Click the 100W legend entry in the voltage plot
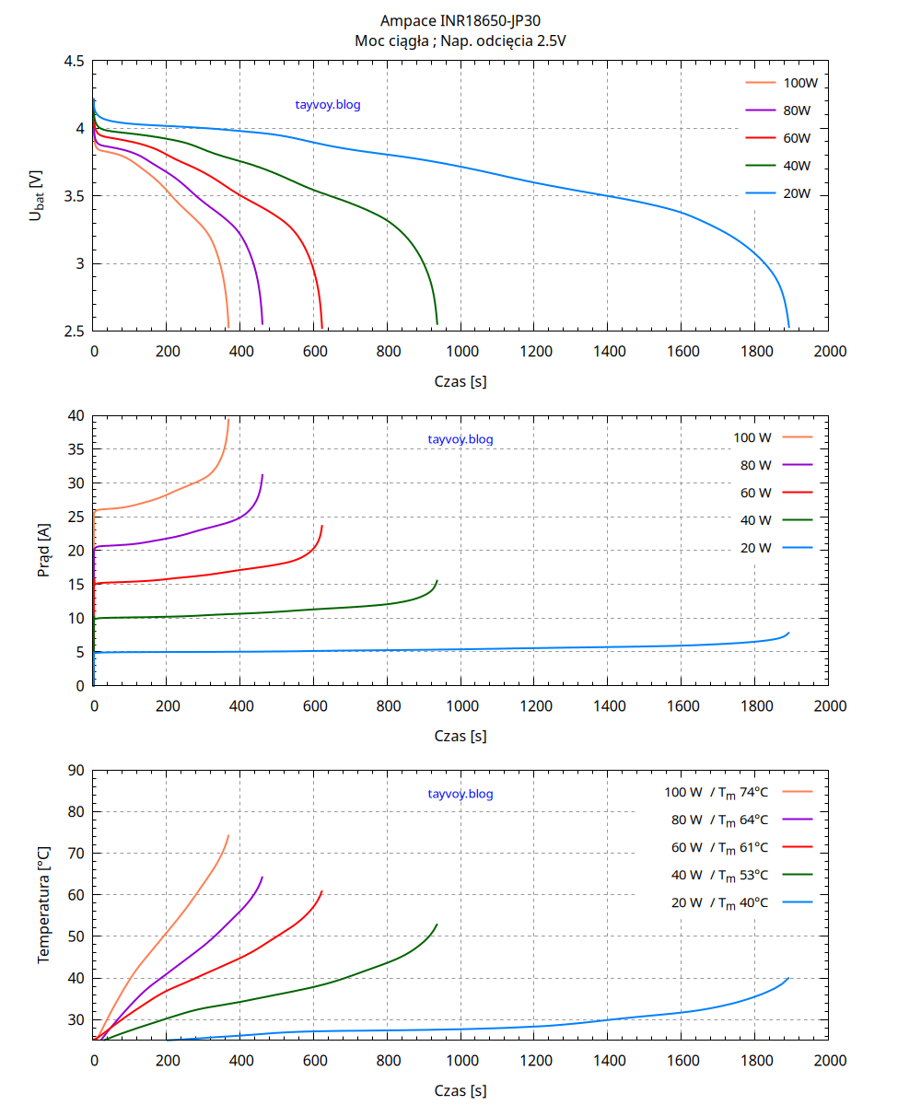pyautogui.click(x=800, y=83)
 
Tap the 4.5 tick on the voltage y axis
pyautogui.click(x=75, y=61)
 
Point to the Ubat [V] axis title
pyautogui.click(x=36, y=195)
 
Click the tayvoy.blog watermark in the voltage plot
pyautogui.click(x=328, y=105)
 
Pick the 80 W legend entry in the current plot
pyautogui.click(x=756, y=465)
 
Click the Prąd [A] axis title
pyautogui.click(x=43, y=551)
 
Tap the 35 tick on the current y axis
pyautogui.click(x=76, y=449)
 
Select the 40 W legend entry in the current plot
pyautogui.click(x=756, y=520)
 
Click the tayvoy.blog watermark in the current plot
pyautogui.click(x=460, y=439)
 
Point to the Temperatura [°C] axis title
pyautogui.click(x=43, y=905)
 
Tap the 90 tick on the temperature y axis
pyautogui.click(x=76, y=770)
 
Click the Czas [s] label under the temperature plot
pyautogui.click(x=460, y=1090)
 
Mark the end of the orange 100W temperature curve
pyautogui.click(x=228, y=835)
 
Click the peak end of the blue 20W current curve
pyautogui.click(x=789, y=633)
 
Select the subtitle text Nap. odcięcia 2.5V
pyautogui.click(x=508, y=41)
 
